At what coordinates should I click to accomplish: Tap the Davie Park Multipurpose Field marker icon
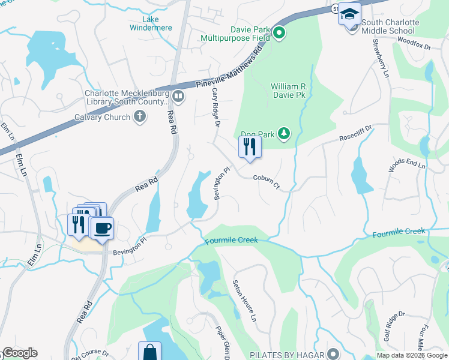[x=279, y=34]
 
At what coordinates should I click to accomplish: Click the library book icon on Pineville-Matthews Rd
[x=178, y=96]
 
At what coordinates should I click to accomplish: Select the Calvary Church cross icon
[x=140, y=116]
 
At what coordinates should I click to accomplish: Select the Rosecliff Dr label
[x=356, y=131]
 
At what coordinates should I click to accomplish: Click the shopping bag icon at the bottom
[x=149, y=352]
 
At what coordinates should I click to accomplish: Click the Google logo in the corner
[x=20, y=353]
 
